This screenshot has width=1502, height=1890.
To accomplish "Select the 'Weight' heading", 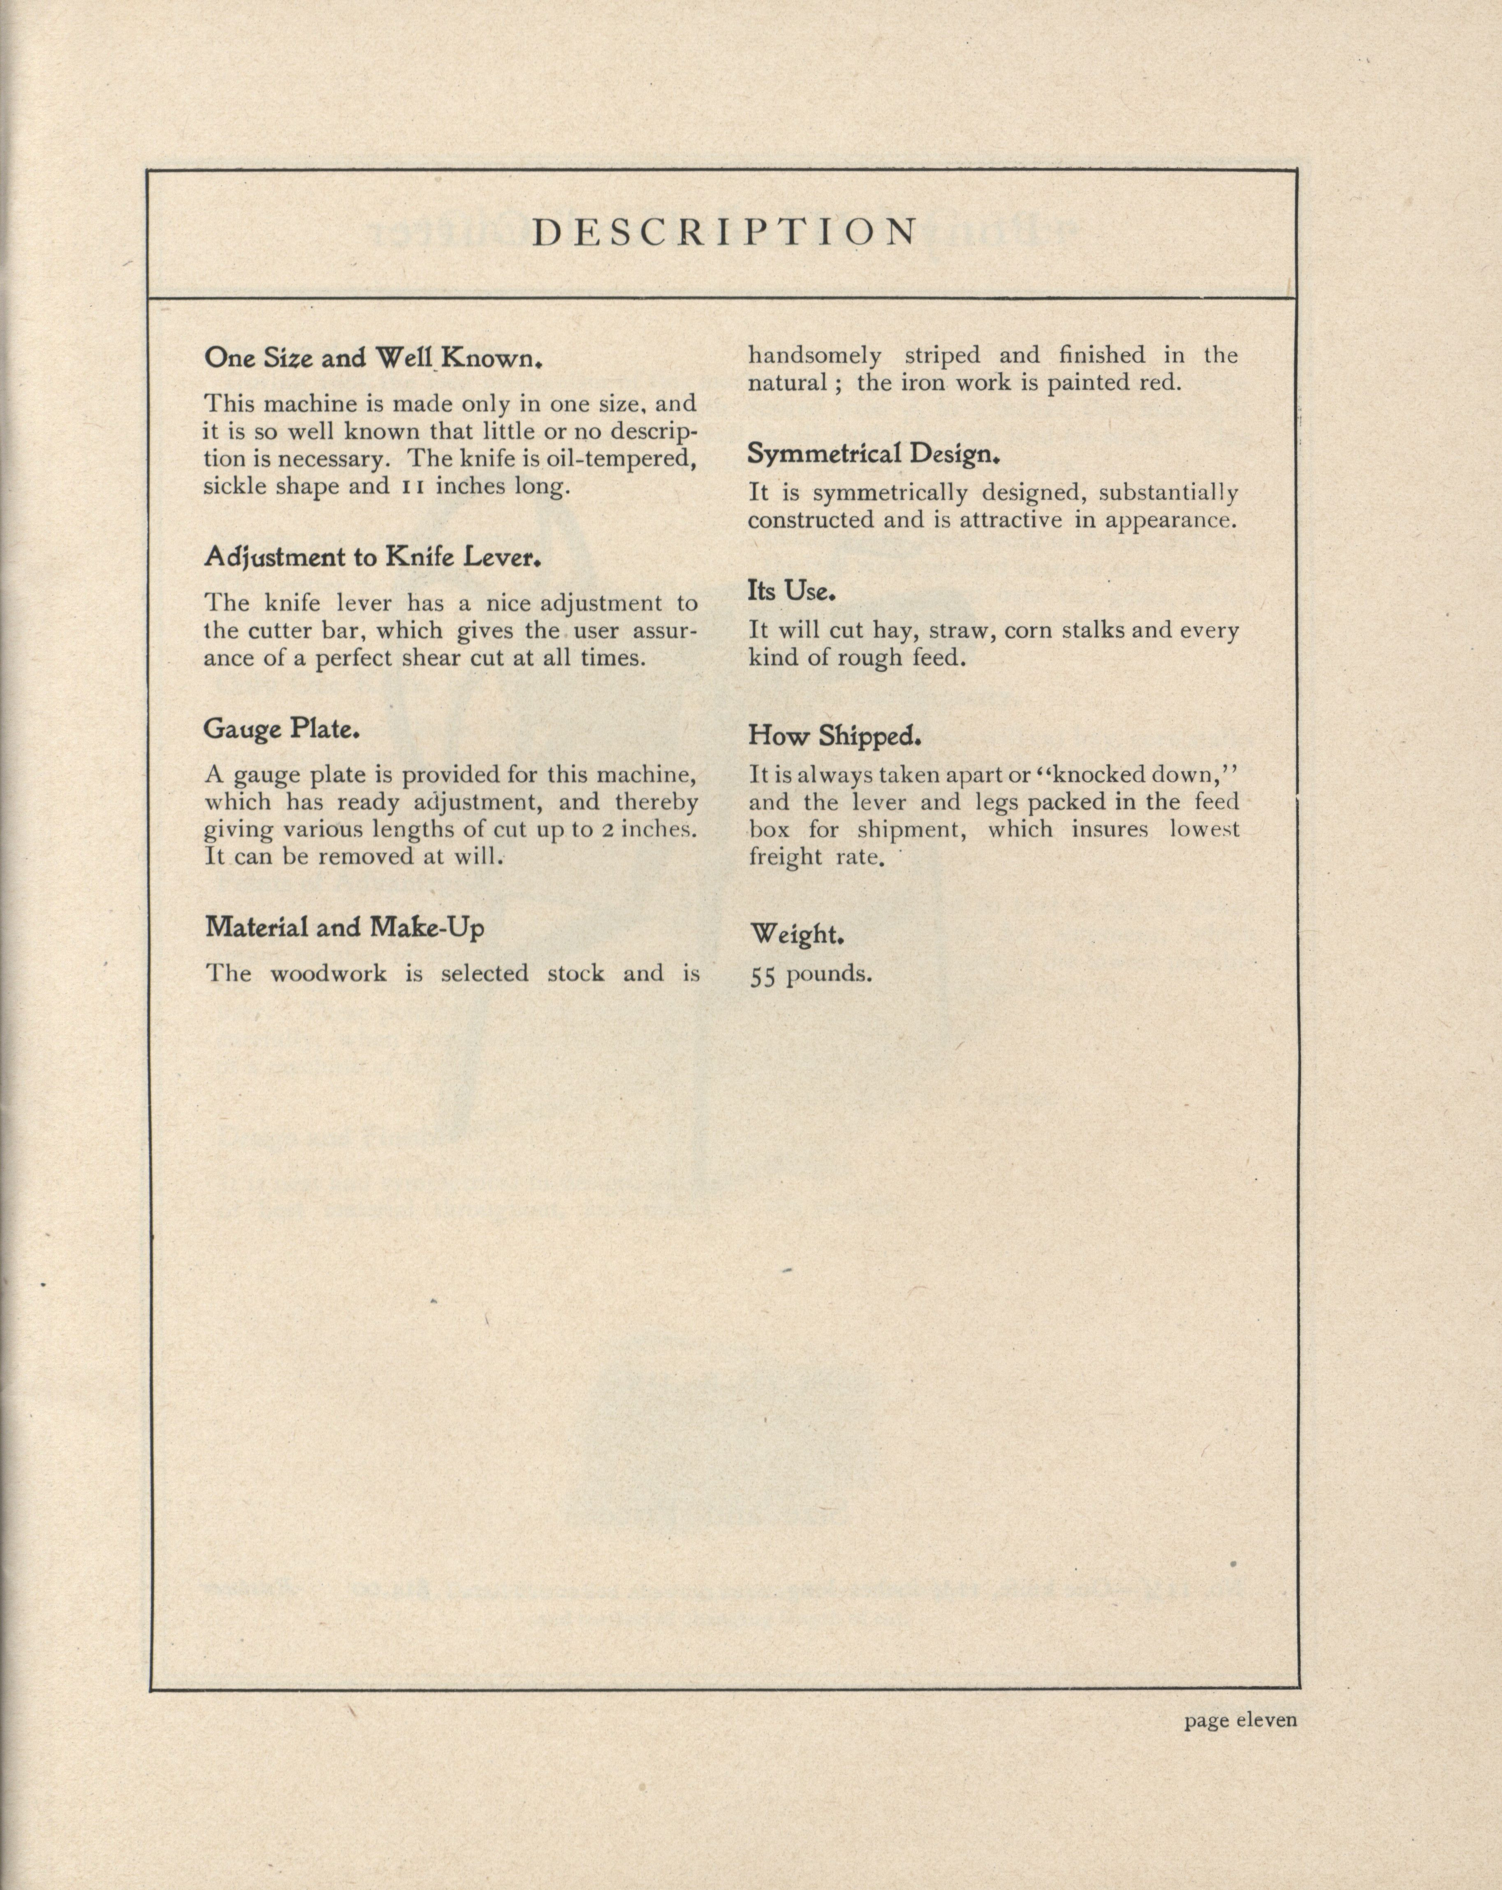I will coord(796,934).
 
